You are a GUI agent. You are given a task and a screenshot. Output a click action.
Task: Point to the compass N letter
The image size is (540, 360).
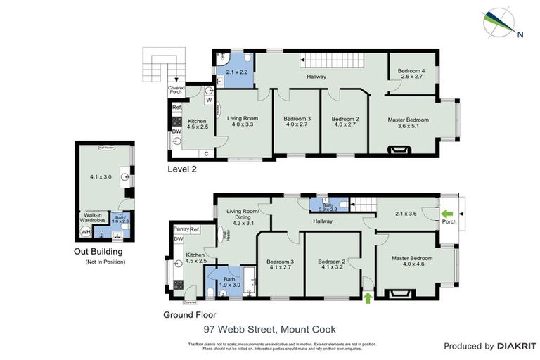coord(520,34)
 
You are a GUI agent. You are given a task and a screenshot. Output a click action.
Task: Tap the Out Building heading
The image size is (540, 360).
coord(98,251)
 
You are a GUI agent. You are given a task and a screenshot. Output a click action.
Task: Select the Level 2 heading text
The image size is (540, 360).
coord(185,169)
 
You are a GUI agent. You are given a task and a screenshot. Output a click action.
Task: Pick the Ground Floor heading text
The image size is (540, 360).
coord(189,315)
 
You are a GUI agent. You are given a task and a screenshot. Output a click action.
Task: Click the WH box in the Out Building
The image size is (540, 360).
coord(86,231)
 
